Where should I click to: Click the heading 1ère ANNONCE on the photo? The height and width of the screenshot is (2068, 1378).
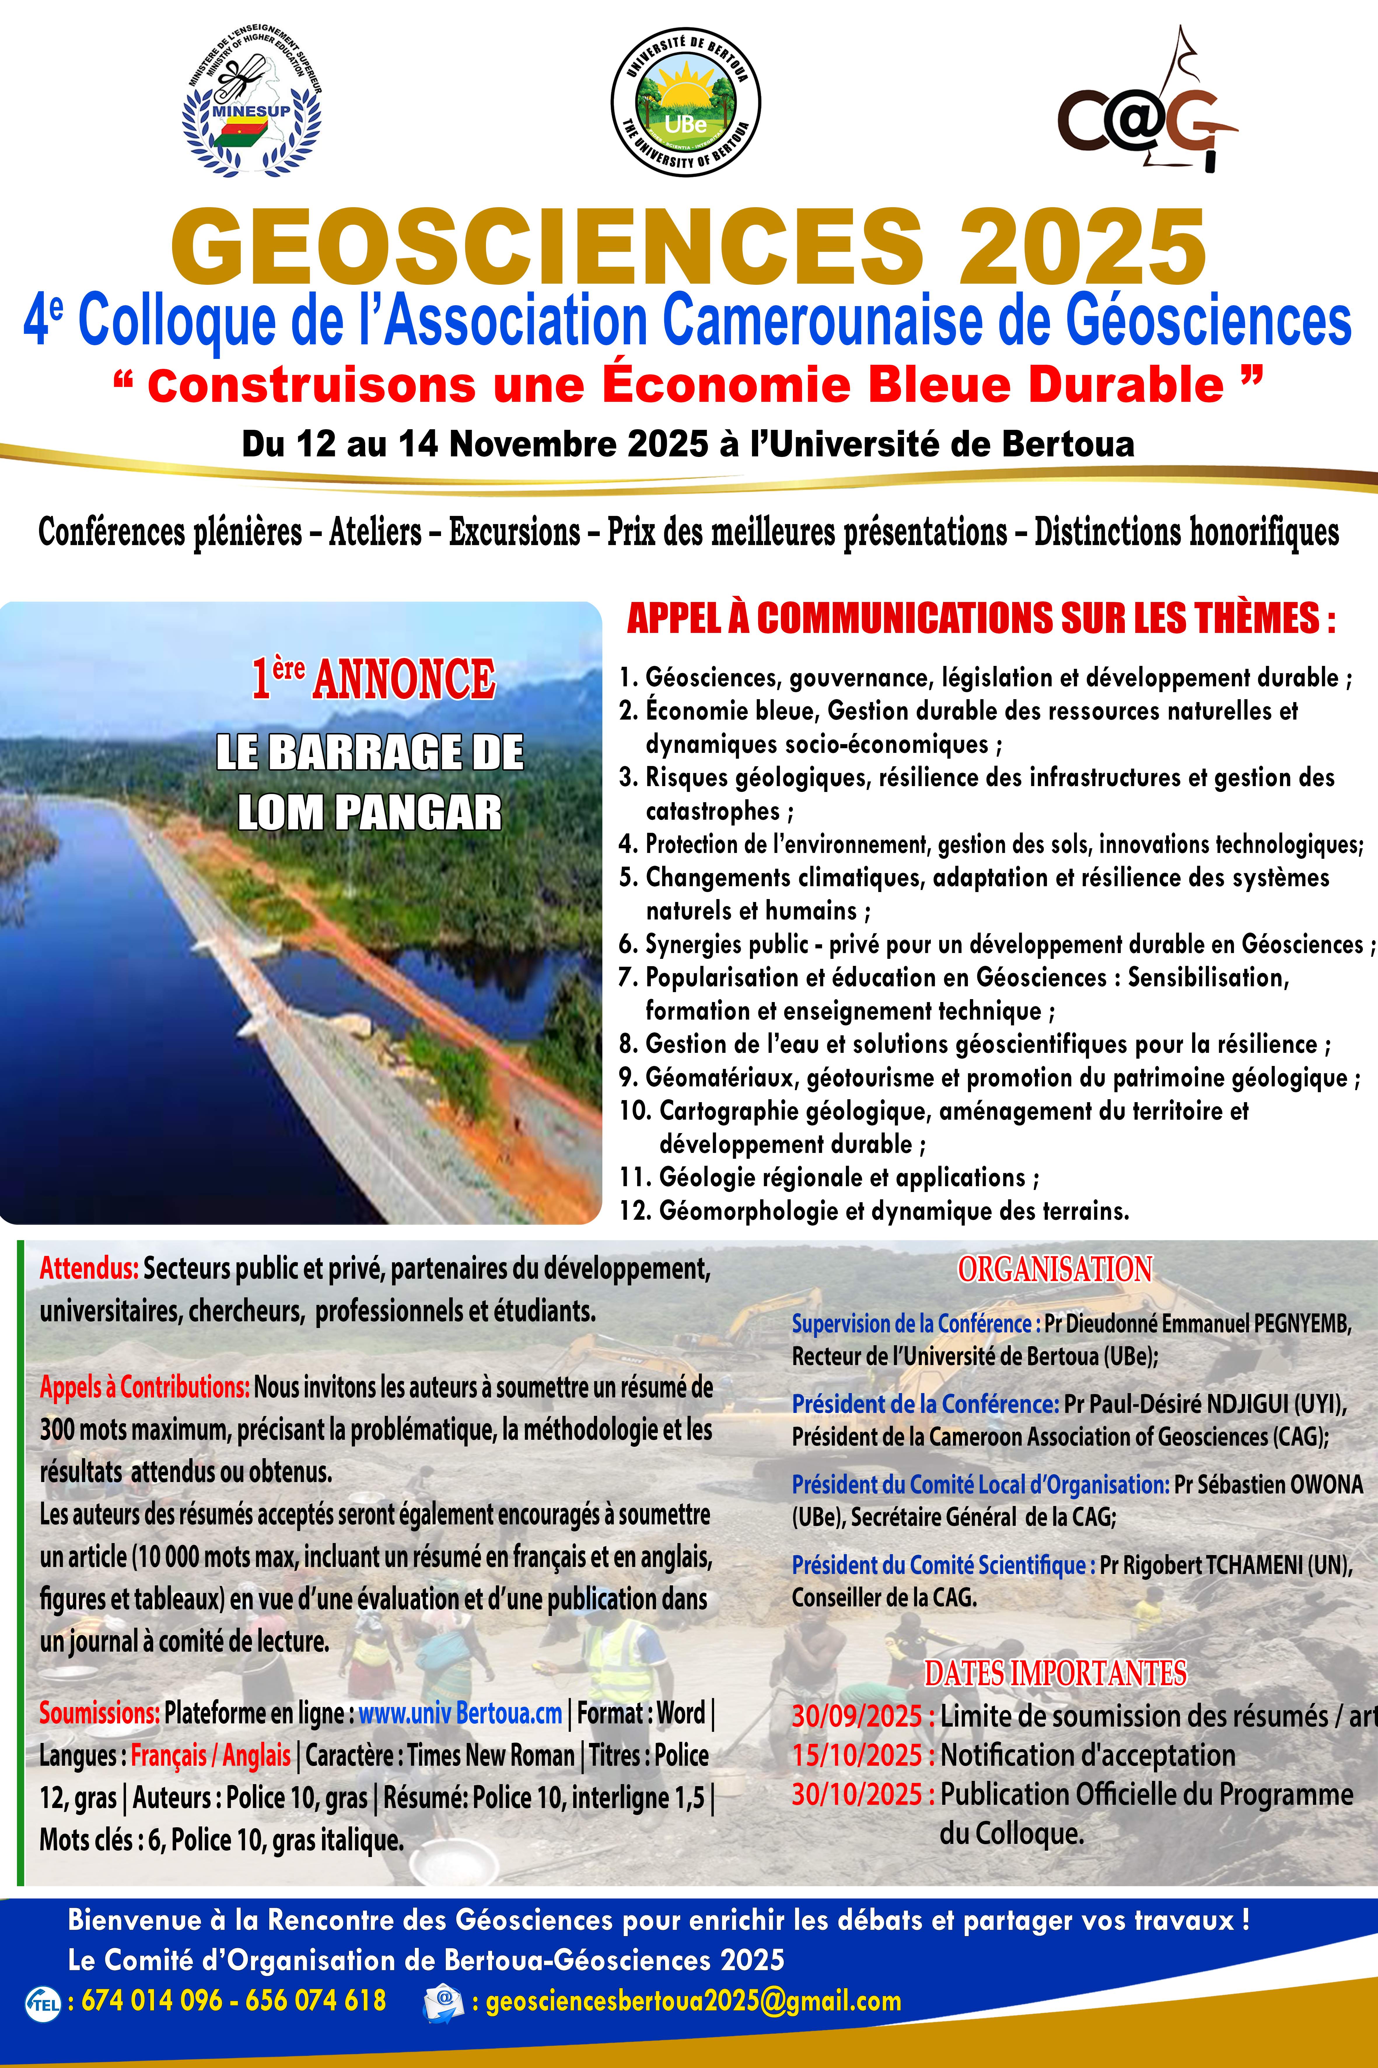[x=373, y=678]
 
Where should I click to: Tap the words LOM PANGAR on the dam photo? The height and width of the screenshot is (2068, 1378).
[x=370, y=813]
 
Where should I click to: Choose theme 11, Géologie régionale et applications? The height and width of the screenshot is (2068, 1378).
[x=829, y=1178]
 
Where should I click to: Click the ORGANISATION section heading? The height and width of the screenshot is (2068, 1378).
[x=1055, y=1269]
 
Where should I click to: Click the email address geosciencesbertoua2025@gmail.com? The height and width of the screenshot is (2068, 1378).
[x=693, y=2001]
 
